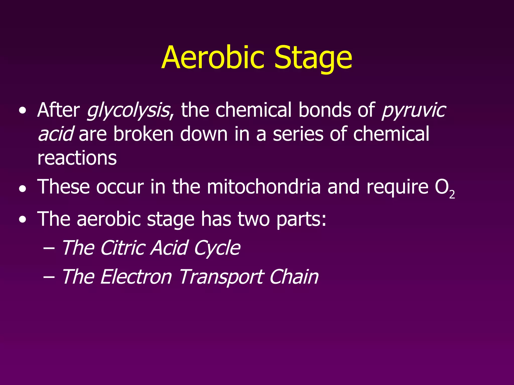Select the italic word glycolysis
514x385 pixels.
[128, 111]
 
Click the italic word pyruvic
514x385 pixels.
[413, 111]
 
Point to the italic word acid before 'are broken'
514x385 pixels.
[55, 134]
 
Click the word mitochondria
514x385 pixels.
[264, 187]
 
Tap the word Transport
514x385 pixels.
[221, 277]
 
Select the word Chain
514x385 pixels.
[294, 277]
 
